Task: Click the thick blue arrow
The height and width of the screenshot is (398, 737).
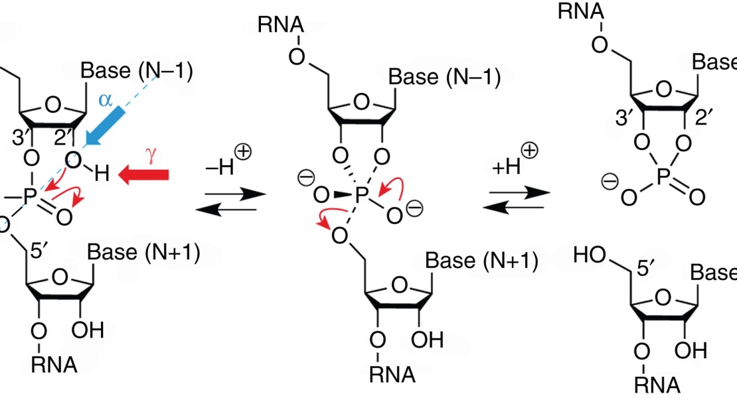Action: pyautogui.click(x=104, y=126)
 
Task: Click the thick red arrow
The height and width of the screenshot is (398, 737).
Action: pyautogui.click(x=143, y=175)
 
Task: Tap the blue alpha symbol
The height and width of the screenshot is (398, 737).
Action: pyautogui.click(x=106, y=99)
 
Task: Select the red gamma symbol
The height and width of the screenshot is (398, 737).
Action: pyautogui.click(x=151, y=155)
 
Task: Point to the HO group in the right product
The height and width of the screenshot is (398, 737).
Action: pyautogui.click(x=590, y=255)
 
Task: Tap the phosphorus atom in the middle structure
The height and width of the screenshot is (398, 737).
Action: pyautogui.click(x=361, y=195)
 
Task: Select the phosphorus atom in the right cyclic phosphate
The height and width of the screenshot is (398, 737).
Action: pyautogui.click(x=663, y=177)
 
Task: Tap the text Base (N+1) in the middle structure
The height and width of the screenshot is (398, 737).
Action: pyautogui.click(x=482, y=260)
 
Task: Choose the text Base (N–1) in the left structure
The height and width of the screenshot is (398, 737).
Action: pyautogui.click(x=137, y=70)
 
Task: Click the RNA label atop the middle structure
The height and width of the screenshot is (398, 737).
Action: pyautogui.click(x=281, y=25)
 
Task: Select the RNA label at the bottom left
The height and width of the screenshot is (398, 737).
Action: pyautogui.click(x=54, y=364)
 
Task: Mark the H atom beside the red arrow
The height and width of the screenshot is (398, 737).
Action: pyautogui.click(x=102, y=174)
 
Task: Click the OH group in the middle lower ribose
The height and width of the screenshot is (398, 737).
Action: pyautogui.click(x=427, y=340)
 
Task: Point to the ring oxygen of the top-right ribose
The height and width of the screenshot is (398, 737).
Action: pyautogui.click(x=664, y=89)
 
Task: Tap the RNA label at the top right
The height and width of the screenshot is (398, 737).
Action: pyautogui.click(x=581, y=11)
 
